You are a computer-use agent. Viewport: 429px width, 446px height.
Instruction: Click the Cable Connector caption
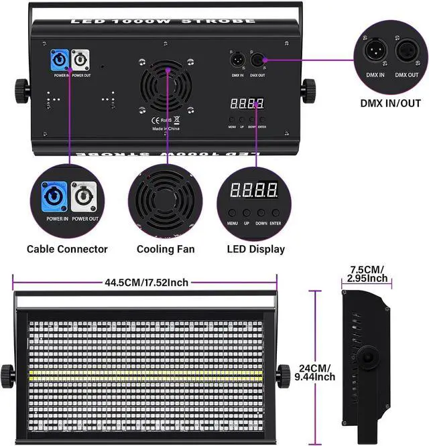tap(67, 249)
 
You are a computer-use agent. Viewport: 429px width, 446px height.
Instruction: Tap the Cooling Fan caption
tap(166, 249)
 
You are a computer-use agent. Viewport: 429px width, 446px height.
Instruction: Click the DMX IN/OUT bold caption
tap(390, 104)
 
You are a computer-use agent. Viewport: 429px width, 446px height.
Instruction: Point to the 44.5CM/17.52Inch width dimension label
tap(145, 283)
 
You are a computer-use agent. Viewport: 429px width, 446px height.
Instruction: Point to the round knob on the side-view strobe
tap(367, 359)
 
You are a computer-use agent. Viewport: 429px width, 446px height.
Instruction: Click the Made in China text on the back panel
tap(166, 128)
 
